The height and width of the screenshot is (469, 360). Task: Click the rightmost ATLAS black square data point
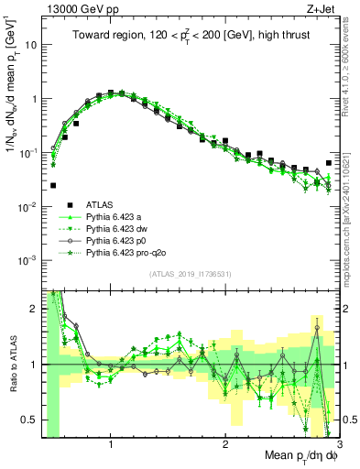[x=329, y=163]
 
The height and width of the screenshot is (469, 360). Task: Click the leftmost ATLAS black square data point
[x=53, y=185]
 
